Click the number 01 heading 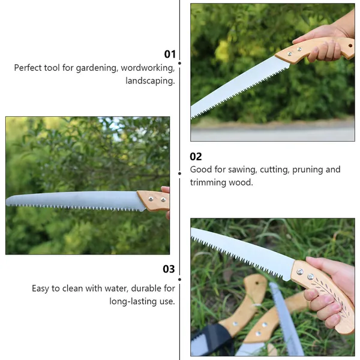pyautogui.click(x=170, y=54)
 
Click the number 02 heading pyautogui.click(x=196, y=157)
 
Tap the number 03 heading pyautogui.click(x=169, y=269)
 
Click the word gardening pyautogui.click(x=97, y=68)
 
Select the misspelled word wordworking pyautogui.click(x=148, y=68)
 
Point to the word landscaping pyautogui.click(x=150, y=81)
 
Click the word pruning pyautogui.click(x=308, y=170)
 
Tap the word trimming pyautogui.click(x=208, y=183)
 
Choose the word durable pyautogui.click(x=146, y=289)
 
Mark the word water pyautogui.click(x=118, y=289)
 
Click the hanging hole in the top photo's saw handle pyautogui.click(x=350, y=46)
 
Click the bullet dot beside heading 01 pyautogui.click(x=179, y=63)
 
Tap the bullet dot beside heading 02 pyautogui.click(x=179, y=173)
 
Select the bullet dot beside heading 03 pyautogui.click(x=179, y=280)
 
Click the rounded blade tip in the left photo pyautogui.click(x=8, y=200)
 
